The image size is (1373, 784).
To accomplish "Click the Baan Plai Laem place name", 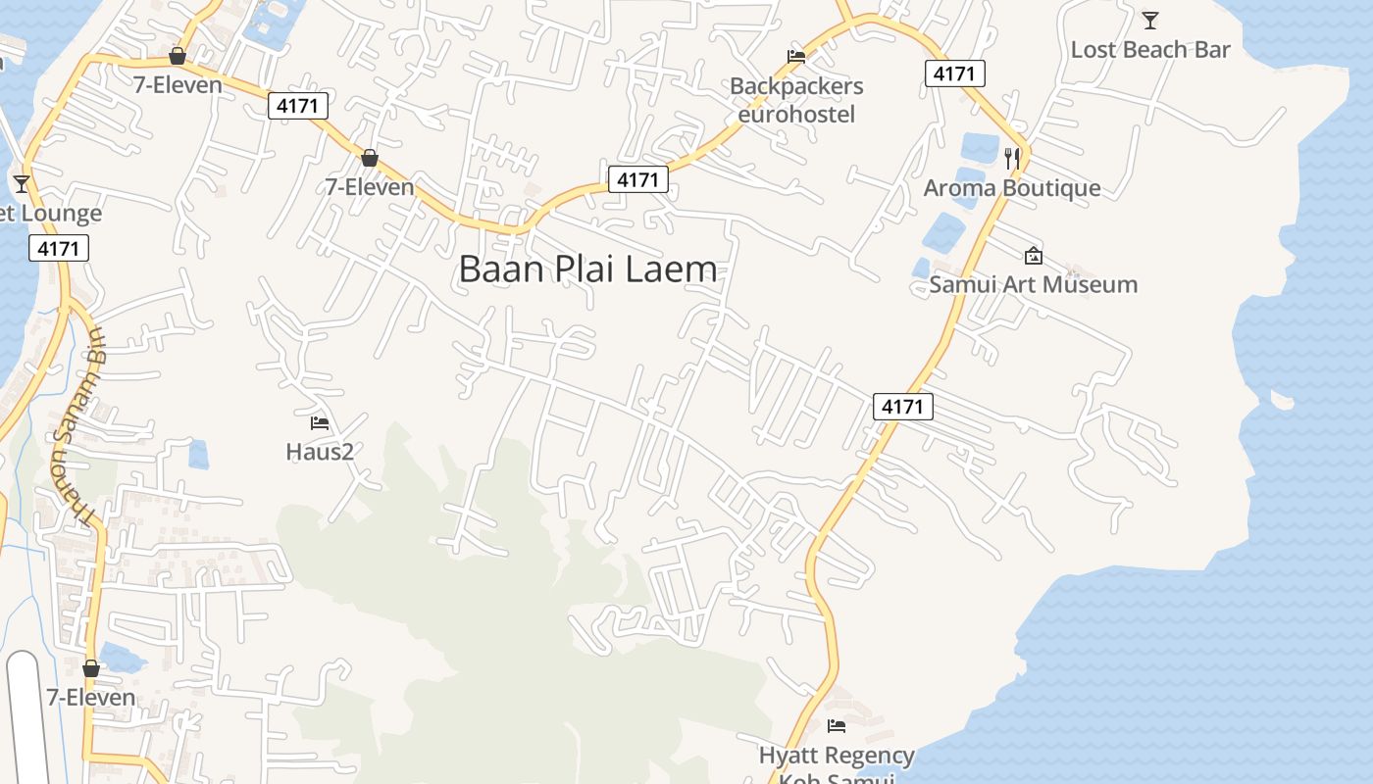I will pyautogui.click(x=587, y=269).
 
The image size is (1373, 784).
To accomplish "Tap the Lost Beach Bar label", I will pyautogui.click(x=1149, y=49).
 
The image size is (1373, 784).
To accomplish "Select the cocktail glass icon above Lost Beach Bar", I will pyautogui.click(x=1150, y=20).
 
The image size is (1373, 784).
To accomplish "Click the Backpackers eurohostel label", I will pyautogui.click(x=796, y=100).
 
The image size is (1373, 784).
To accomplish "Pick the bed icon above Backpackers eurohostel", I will pyautogui.click(x=796, y=57).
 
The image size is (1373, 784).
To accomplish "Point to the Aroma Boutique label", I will pyautogui.click(x=1012, y=187).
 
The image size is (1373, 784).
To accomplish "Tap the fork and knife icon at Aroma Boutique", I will pyautogui.click(x=1012, y=157).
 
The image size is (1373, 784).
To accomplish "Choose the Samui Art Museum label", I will pyautogui.click(x=1034, y=284).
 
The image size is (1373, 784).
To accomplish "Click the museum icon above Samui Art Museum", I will pyautogui.click(x=1033, y=256).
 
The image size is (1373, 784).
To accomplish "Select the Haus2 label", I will pyautogui.click(x=320, y=452).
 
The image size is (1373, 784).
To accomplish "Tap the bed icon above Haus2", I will pyautogui.click(x=320, y=423).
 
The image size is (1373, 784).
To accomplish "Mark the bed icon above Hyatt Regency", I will pyautogui.click(x=837, y=726).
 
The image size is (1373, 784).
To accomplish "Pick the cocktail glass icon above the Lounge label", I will pyautogui.click(x=22, y=183).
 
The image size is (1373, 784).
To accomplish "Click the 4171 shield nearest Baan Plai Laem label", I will pyautogui.click(x=637, y=179).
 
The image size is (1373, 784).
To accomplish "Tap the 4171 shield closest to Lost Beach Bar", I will pyautogui.click(x=954, y=73).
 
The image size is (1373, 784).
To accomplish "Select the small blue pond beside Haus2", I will pyautogui.click(x=198, y=454).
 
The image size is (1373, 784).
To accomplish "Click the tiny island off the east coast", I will pyautogui.click(x=1282, y=399).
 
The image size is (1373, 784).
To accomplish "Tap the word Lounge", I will pyautogui.click(x=61, y=214).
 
